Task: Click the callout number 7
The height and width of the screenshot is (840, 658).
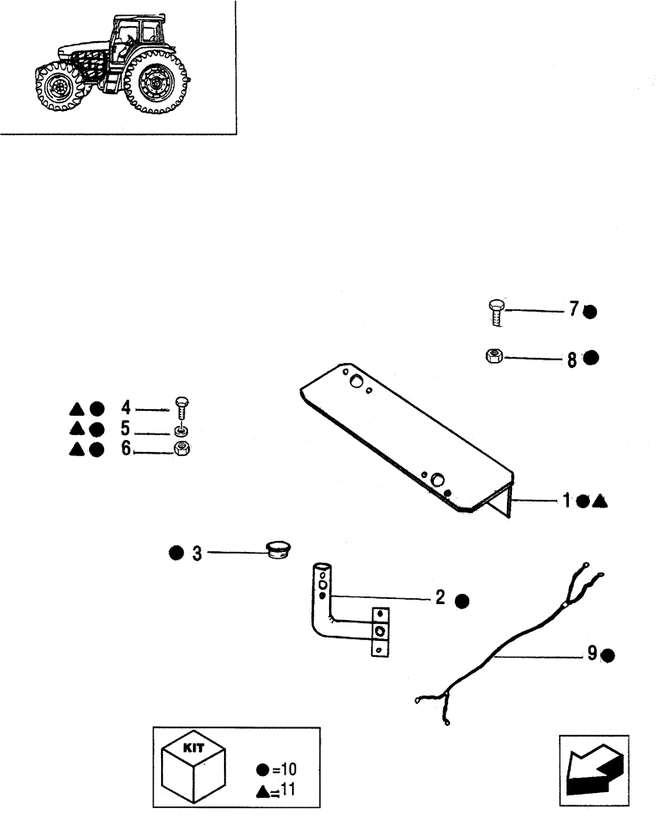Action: (573, 310)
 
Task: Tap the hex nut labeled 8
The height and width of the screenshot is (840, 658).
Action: (493, 357)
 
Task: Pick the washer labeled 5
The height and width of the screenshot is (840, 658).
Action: (180, 431)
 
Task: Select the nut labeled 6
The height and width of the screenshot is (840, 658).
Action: (180, 449)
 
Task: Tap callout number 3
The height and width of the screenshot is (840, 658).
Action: (196, 554)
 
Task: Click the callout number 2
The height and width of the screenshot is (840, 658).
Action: (439, 599)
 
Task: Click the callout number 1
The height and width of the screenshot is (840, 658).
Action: (567, 501)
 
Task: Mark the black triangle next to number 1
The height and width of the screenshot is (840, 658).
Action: (599, 501)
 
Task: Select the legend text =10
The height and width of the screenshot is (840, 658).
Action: (279, 769)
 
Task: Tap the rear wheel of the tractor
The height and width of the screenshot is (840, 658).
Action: (155, 85)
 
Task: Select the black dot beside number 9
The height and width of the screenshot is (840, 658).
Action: (608, 655)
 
